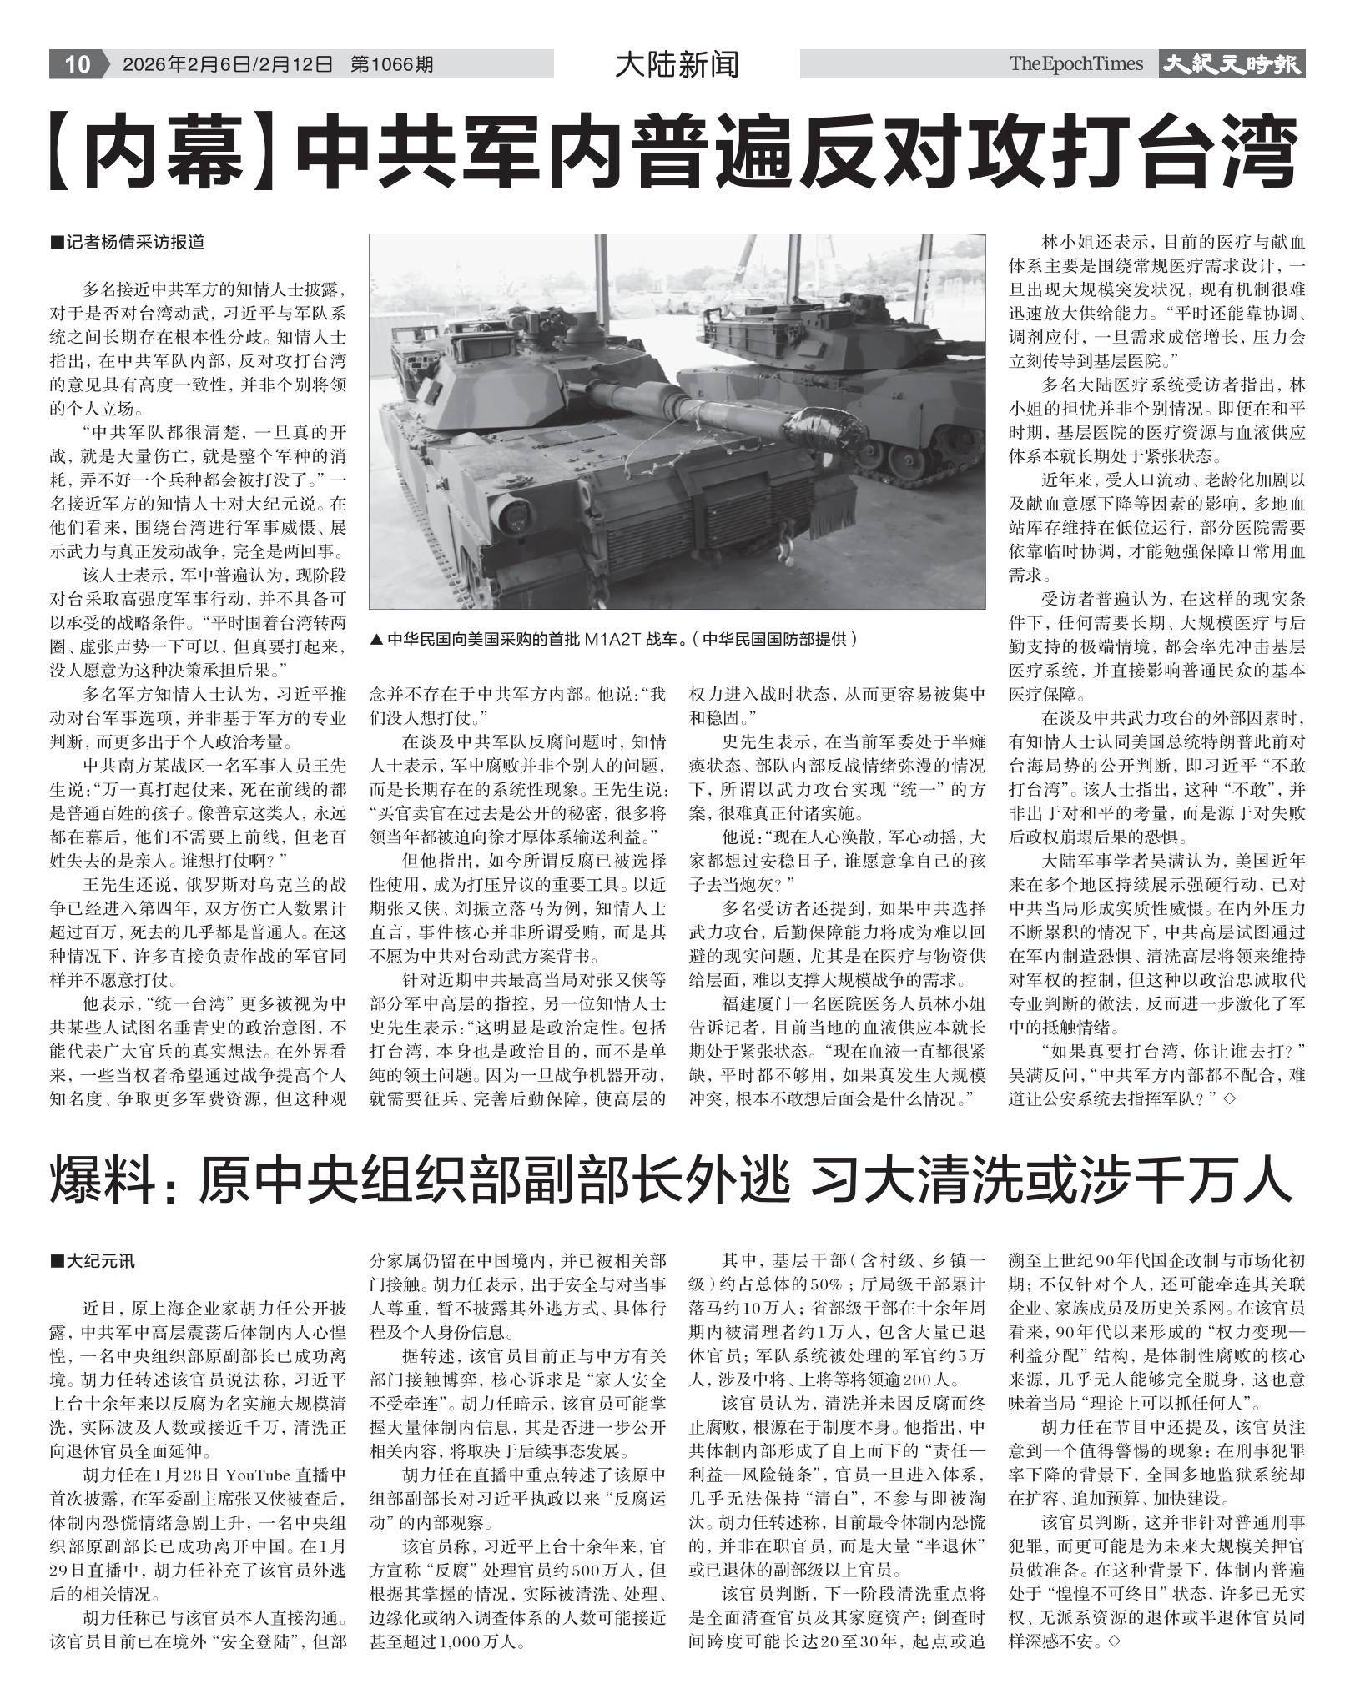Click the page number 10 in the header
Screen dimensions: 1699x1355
pos(77,64)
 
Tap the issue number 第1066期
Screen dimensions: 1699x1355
pos(391,64)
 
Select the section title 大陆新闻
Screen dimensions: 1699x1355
pos(677,64)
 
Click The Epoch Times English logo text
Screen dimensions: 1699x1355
pos(1075,64)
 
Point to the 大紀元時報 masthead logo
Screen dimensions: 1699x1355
pos(1231,64)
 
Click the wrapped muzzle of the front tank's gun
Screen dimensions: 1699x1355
pos(828,429)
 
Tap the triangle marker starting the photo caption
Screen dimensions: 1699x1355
pos(376,640)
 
